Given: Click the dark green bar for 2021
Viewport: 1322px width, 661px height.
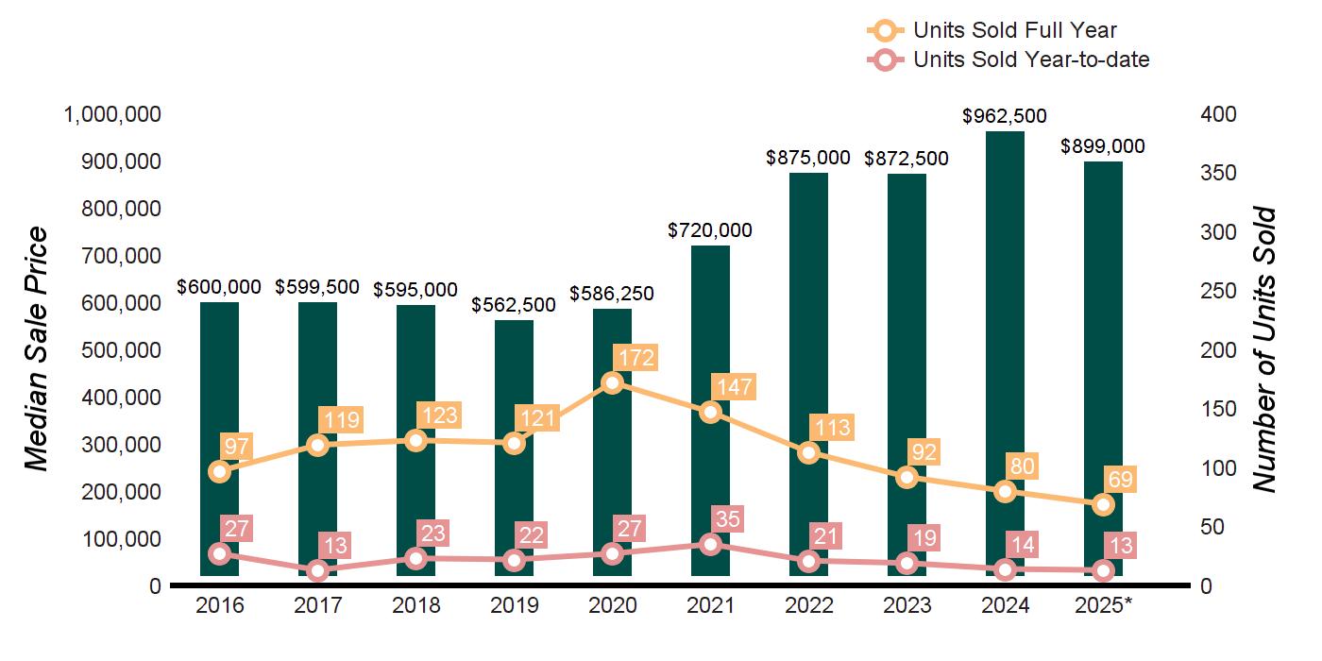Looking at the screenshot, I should (x=710, y=283).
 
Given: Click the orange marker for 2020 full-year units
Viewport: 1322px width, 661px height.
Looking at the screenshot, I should (x=612, y=382).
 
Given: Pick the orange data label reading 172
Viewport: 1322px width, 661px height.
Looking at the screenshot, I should (x=634, y=358).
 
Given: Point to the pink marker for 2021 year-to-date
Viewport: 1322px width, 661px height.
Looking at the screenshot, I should (x=710, y=544).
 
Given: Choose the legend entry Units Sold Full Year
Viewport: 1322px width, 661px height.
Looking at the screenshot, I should (x=1015, y=30).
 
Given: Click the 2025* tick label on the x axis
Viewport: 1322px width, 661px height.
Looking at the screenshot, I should (x=1103, y=605).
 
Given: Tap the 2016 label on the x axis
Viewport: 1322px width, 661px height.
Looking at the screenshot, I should (x=219, y=605).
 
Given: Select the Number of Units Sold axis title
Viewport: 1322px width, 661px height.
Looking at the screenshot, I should (x=1266, y=349).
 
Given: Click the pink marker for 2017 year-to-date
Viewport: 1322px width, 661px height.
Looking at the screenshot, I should (x=317, y=570).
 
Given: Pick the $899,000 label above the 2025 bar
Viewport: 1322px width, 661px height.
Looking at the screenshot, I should (x=1103, y=146).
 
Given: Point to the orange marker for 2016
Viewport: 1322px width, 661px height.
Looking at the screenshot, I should (x=219, y=471).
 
